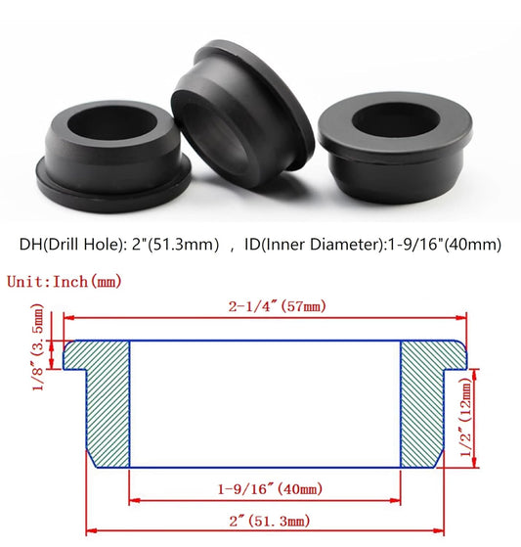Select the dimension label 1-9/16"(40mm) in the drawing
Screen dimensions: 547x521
(x=265, y=487)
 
